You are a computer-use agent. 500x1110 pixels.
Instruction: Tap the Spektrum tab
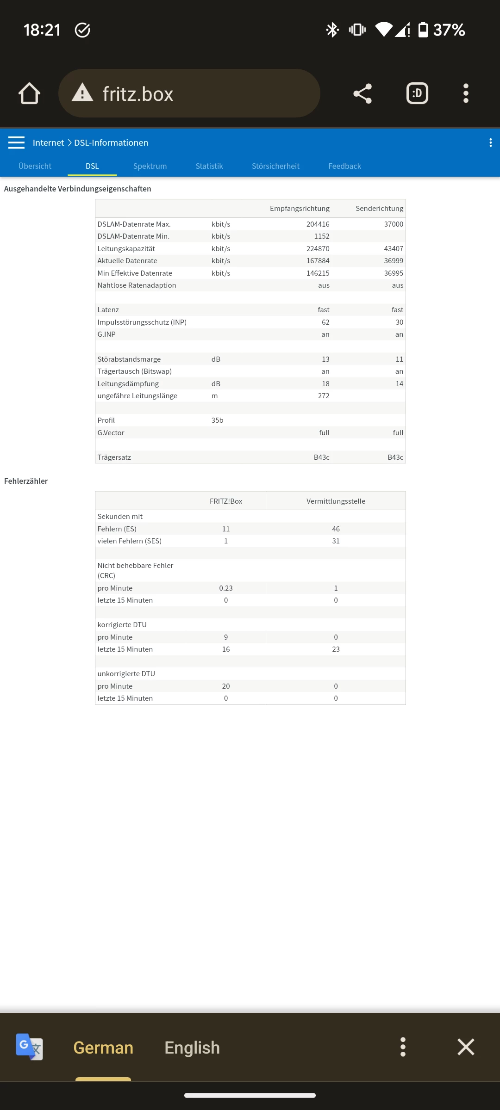point(150,166)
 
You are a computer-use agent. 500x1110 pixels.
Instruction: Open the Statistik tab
point(209,166)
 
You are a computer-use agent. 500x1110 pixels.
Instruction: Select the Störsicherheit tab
point(275,166)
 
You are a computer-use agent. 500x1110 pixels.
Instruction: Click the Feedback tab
point(344,166)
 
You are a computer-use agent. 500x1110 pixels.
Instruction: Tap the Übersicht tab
point(35,166)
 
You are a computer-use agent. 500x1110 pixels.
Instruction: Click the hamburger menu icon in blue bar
point(16,142)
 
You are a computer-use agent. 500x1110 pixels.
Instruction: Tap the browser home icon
point(29,93)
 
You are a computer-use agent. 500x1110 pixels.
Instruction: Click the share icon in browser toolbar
point(362,93)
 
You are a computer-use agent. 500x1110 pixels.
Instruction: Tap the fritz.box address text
point(138,94)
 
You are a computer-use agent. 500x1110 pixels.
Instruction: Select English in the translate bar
point(192,1048)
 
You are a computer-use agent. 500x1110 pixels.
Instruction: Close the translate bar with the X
point(466,1047)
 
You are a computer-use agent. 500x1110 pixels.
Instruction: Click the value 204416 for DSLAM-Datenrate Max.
point(318,224)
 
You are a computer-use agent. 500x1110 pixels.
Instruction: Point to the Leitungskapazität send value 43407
point(394,249)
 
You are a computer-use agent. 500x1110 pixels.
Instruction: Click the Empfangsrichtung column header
point(300,209)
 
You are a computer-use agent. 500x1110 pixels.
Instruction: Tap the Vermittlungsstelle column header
point(336,501)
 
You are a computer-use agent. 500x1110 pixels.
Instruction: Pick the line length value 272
point(324,396)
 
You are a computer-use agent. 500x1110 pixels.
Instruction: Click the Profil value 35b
point(217,420)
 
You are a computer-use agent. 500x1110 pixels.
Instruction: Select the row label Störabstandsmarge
point(129,359)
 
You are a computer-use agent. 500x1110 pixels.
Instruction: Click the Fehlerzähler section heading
point(26,481)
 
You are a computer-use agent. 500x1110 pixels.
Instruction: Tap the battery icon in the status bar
point(423,30)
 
